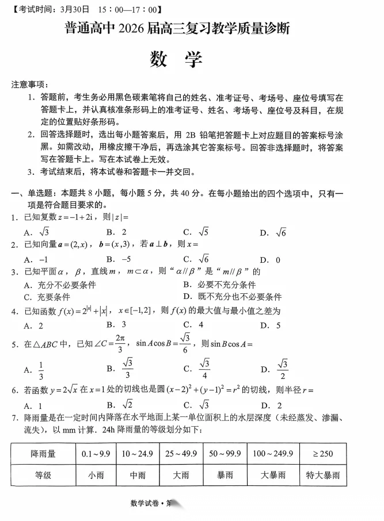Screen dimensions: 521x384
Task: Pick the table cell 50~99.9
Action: tap(225, 454)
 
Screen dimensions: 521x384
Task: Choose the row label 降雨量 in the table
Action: tap(43, 454)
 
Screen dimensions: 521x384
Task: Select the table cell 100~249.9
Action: tap(272, 454)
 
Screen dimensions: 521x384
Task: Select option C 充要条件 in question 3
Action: tap(47, 297)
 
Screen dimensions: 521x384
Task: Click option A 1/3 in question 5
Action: tap(35, 369)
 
